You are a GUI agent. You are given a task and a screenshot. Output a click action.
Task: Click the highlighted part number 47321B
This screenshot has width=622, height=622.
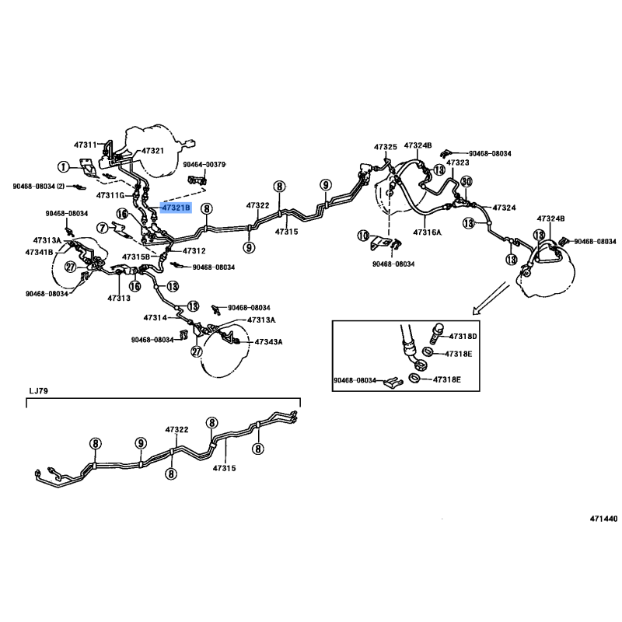(176, 208)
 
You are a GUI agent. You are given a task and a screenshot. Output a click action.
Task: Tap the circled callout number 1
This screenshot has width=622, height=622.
(63, 167)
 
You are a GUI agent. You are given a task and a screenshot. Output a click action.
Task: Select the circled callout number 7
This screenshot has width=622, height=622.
(103, 228)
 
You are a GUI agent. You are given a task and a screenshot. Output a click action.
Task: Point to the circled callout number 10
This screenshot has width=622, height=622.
(363, 236)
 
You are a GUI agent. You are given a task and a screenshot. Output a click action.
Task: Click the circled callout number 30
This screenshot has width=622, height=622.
(466, 182)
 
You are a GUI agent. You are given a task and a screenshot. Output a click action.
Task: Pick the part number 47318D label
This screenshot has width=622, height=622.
(463, 337)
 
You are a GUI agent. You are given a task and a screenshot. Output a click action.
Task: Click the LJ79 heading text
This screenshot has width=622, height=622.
(38, 391)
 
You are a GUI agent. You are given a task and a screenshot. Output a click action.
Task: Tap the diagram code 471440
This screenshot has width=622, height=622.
(603, 519)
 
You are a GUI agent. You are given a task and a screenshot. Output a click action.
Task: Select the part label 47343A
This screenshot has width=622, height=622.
(268, 341)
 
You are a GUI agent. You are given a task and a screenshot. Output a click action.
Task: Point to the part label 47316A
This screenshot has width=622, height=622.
(427, 232)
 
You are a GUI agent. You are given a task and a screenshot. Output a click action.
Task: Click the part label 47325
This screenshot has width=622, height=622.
(385, 147)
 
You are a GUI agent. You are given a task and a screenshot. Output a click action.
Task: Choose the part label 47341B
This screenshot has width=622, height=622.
(40, 252)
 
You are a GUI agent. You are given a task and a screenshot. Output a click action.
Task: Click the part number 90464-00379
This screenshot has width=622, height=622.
(204, 164)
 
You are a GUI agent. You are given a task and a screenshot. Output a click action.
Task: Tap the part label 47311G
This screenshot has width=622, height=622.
(110, 196)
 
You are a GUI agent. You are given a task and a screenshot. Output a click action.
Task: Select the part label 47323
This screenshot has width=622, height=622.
(458, 162)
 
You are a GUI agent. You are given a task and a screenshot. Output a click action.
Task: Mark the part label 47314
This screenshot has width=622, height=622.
(155, 318)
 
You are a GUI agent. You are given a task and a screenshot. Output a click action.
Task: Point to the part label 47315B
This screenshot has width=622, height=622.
(136, 257)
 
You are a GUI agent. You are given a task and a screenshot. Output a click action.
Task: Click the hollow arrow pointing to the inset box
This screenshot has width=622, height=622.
(491, 298)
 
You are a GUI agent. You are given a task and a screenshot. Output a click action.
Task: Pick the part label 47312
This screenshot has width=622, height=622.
(194, 250)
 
